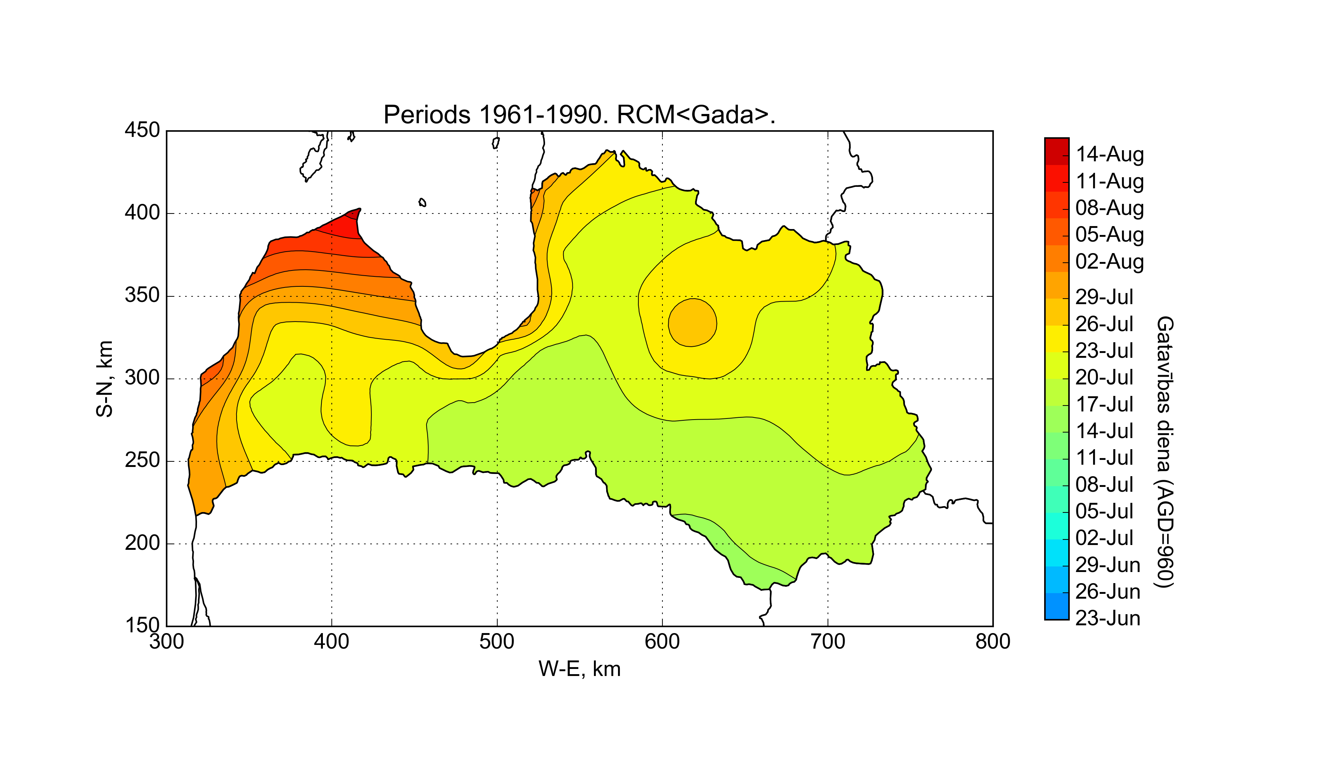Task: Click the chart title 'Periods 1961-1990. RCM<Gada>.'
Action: [x=579, y=115]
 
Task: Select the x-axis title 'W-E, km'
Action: [x=579, y=669]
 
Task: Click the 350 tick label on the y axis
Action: [x=142, y=296]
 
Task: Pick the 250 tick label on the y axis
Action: [x=142, y=461]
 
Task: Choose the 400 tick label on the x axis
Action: [x=332, y=642]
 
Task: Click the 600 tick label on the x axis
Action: [x=662, y=642]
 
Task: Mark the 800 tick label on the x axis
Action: [x=993, y=642]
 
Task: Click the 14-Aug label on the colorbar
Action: [x=1110, y=154]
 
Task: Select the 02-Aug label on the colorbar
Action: [x=1110, y=262]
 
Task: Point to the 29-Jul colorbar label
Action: [x=1105, y=297]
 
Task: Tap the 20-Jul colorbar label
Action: [x=1105, y=377]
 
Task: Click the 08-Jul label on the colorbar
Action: [x=1105, y=485]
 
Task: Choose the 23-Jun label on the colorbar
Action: [x=1108, y=618]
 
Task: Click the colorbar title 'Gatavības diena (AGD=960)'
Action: [x=1165, y=452]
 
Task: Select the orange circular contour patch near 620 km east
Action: [x=692, y=322]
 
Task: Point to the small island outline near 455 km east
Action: [x=422, y=202]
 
